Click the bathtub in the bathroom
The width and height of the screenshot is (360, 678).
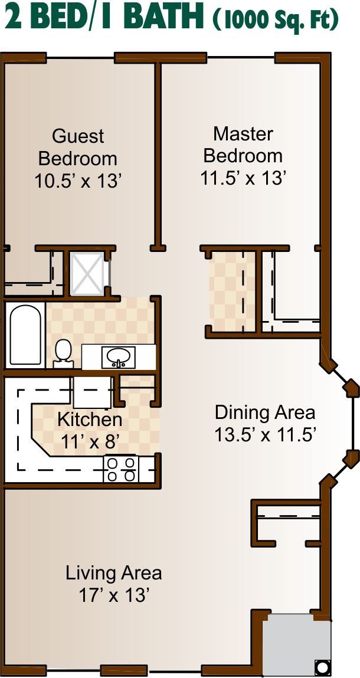25,335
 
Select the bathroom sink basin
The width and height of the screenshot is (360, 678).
118,357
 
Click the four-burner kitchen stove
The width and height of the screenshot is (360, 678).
120,469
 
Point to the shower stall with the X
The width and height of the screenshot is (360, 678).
87,274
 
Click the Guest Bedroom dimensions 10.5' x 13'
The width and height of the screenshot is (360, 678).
77,182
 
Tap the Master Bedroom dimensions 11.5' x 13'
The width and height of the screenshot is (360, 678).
244,178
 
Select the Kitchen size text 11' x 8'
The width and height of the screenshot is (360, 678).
90,441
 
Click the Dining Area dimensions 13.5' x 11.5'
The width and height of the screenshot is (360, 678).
265,434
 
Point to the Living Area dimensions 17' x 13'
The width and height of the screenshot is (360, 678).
114,596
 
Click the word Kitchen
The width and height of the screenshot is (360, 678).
90,420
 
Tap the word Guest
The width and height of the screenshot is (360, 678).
78,136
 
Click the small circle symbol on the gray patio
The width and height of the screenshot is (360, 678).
322,666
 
